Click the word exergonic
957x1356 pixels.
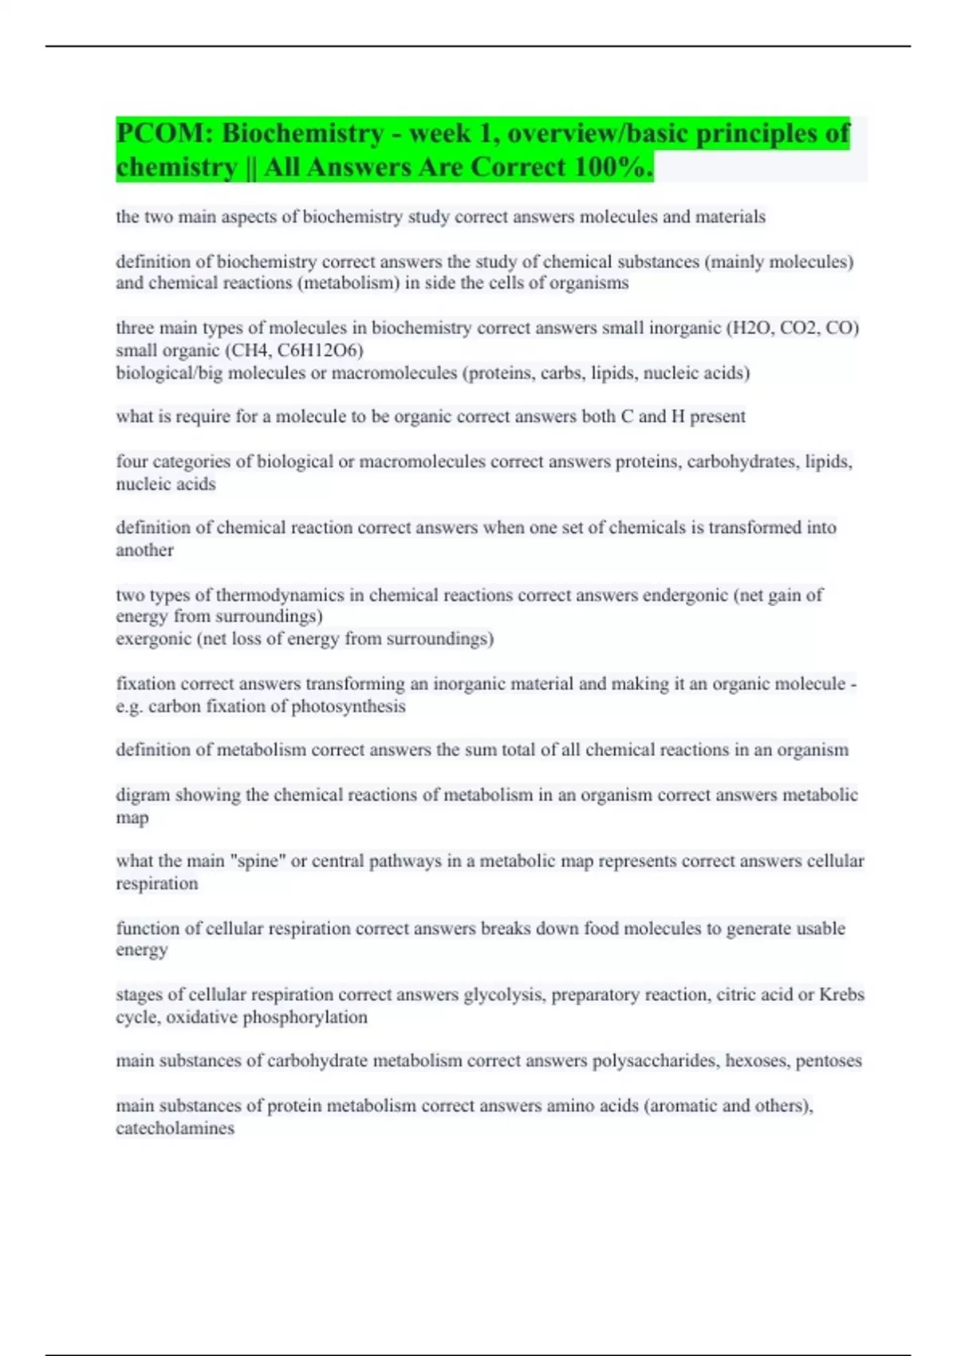[153, 639]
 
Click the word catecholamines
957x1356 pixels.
[175, 1129]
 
